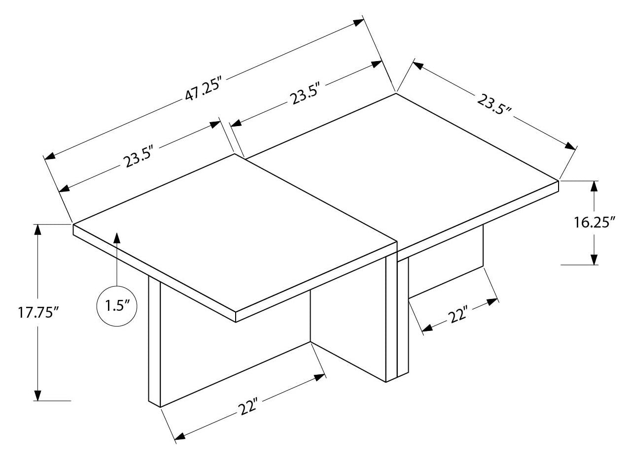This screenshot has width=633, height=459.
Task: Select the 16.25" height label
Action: pos(595,222)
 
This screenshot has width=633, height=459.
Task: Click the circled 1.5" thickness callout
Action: pos(117,306)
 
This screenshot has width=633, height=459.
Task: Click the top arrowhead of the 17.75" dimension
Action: pos(37,230)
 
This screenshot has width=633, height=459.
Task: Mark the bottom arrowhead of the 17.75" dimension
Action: pos(37,395)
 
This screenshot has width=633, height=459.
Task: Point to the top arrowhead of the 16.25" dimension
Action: pos(594,187)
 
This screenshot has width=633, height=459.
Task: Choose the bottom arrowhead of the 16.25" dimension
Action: pos(594,259)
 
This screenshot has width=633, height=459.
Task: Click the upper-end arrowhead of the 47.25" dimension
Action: pos(358,22)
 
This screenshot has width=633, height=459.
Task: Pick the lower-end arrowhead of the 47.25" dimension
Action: pos(50,156)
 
